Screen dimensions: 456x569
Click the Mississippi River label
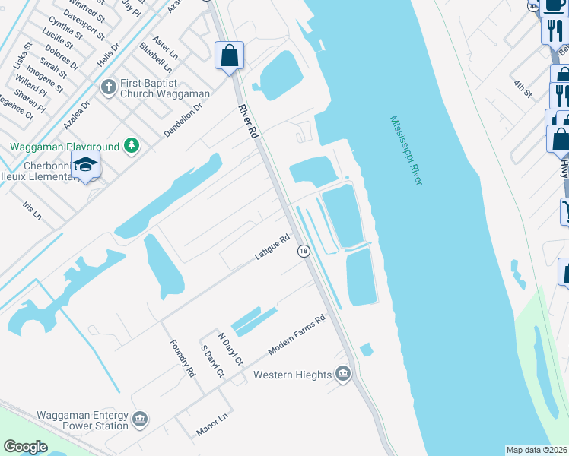(x=406, y=150)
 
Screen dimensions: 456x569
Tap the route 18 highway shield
(x=303, y=252)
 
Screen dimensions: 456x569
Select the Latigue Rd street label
(x=273, y=249)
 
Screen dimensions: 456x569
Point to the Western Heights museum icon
(x=343, y=374)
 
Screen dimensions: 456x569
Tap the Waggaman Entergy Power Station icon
(x=139, y=419)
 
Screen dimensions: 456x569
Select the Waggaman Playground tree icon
(x=132, y=145)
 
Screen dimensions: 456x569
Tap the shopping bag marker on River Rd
(x=229, y=55)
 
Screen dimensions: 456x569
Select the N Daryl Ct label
(x=230, y=349)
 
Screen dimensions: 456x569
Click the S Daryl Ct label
(x=211, y=362)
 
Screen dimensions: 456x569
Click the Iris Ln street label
(x=31, y=212)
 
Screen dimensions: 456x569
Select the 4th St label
(x=523, y=89)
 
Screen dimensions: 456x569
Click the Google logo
(x=25, y=447)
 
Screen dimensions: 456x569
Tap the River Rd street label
(x=248, y=121)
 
